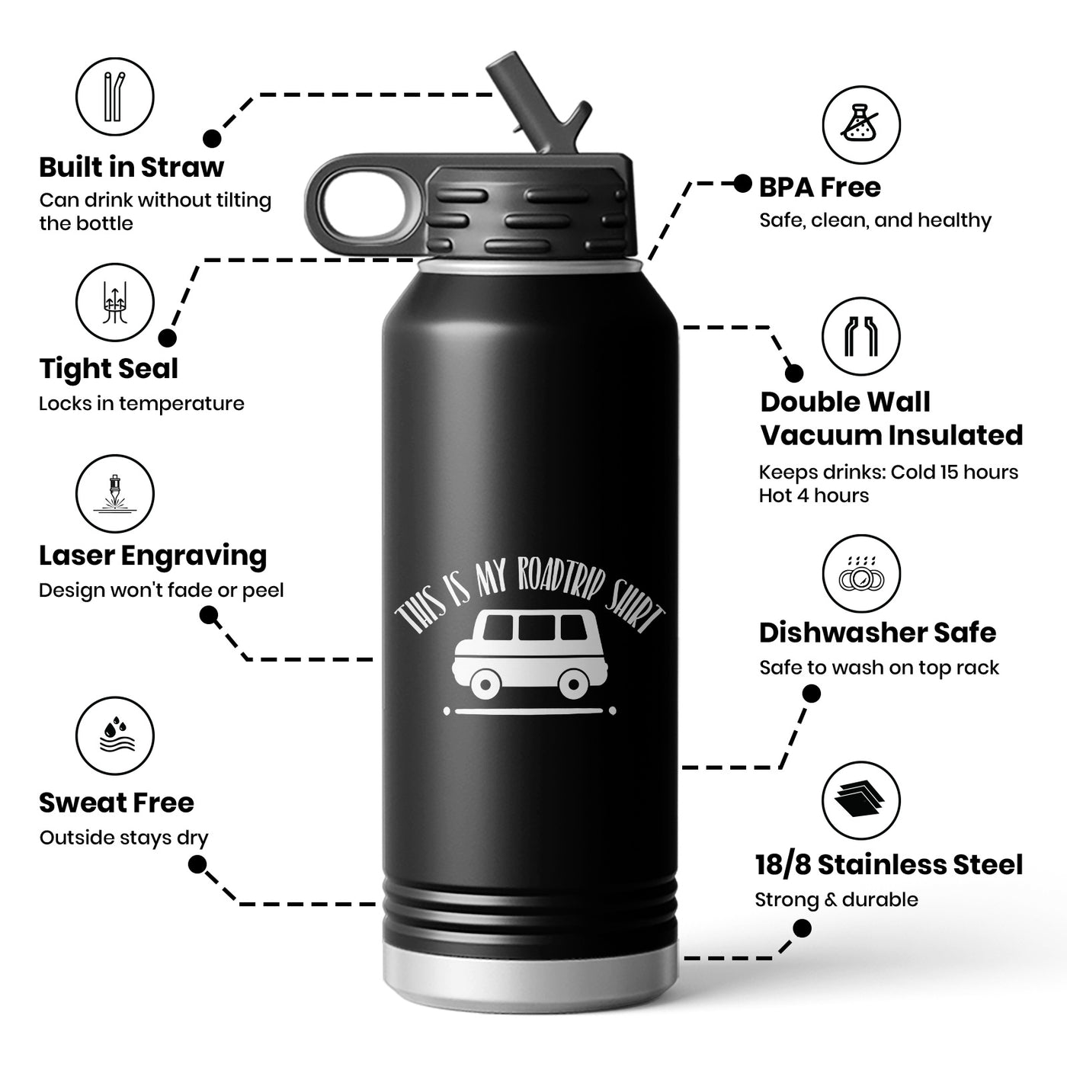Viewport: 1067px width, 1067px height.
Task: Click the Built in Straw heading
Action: click(131, 167)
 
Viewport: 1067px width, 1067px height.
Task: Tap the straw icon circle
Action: click(114, 98)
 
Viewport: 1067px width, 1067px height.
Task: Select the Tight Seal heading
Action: click(108, 369)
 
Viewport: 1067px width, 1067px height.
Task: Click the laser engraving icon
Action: click(114, 494)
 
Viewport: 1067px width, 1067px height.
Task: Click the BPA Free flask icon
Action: click(861, 125)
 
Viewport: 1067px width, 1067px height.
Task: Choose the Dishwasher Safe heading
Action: click(877, 633)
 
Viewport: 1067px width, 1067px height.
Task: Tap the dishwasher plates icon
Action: click(861, 574)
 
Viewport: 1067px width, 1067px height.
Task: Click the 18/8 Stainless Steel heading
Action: click(889, 864)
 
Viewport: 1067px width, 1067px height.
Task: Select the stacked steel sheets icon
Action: click(861, 800)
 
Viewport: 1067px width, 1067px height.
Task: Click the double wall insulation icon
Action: click(861, 336)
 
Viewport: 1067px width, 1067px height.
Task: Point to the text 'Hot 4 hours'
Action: click(813, 495)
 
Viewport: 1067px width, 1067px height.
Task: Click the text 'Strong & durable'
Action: click(836, 899)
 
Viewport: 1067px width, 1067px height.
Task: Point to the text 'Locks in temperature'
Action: click(142, 403)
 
